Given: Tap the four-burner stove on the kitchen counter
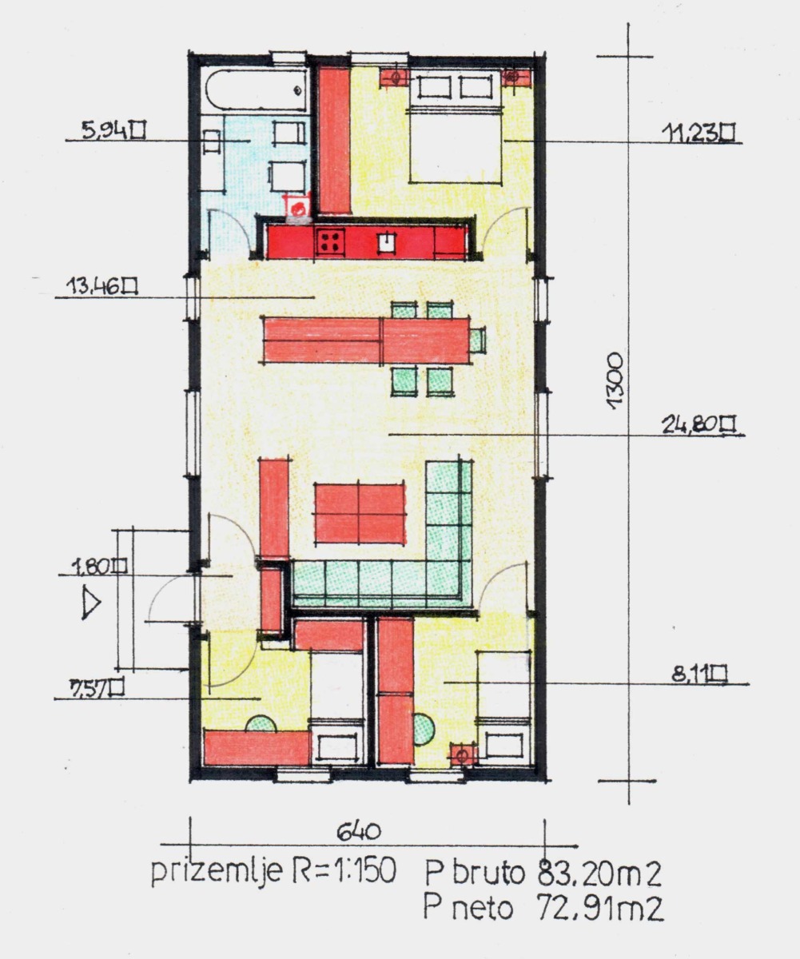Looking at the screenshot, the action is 331,241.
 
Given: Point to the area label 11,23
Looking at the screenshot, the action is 697,133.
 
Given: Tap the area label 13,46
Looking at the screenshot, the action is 102,287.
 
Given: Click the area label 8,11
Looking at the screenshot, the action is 699,674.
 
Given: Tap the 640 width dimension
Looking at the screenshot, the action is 359,831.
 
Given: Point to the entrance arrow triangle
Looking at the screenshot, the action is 90,603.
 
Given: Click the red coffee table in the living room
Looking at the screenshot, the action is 360,514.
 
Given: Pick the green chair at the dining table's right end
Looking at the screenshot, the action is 478,340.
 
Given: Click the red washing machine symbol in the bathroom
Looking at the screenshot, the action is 298,208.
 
